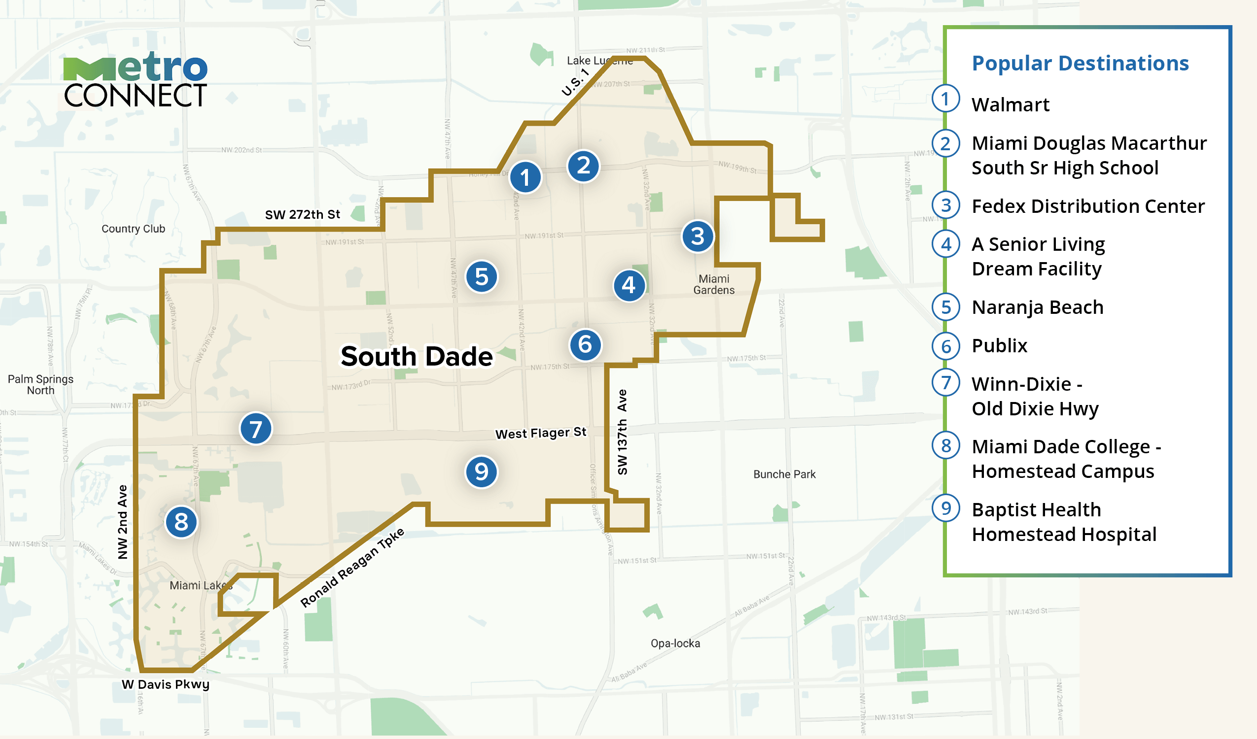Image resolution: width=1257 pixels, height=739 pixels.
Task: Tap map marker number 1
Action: (x=525, y=177)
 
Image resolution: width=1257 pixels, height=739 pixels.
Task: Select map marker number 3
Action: (x=698, y=236)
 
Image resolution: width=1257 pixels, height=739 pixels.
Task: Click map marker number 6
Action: (x=585, y=344)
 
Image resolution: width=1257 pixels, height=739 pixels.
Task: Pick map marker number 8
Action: (x=181, y=522)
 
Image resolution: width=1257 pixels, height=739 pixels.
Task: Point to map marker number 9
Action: (x=481, y=471)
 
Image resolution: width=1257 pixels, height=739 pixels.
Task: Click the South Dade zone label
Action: (x=417, y=357)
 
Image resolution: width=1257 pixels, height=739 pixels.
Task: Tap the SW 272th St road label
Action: (x=302, y=214)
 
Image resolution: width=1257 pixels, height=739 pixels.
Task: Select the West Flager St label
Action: (x=541, y=433)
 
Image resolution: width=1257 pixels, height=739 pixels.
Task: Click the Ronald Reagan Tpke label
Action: (x=352, y=568)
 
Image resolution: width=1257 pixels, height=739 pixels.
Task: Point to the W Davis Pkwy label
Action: (x=166, y=684)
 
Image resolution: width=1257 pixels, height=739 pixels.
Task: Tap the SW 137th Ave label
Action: (x=622, y=432)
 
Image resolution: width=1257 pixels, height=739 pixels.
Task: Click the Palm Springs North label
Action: (x=40, y=384)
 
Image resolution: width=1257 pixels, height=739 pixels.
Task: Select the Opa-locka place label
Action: (x=675, y=643)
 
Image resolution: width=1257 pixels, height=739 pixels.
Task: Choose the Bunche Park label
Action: (x=784, y=474)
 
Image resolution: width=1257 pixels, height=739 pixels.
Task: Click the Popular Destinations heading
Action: (x=1081, y=64)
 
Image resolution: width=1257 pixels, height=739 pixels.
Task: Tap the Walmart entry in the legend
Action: (x=1011, y=105)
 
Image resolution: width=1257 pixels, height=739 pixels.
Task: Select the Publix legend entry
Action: (x=1000, y=345)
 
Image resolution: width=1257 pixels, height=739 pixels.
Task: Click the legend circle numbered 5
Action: (x=946, y=307)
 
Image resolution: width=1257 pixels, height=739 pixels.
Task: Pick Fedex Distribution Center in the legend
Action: (x=1088, y=206)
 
